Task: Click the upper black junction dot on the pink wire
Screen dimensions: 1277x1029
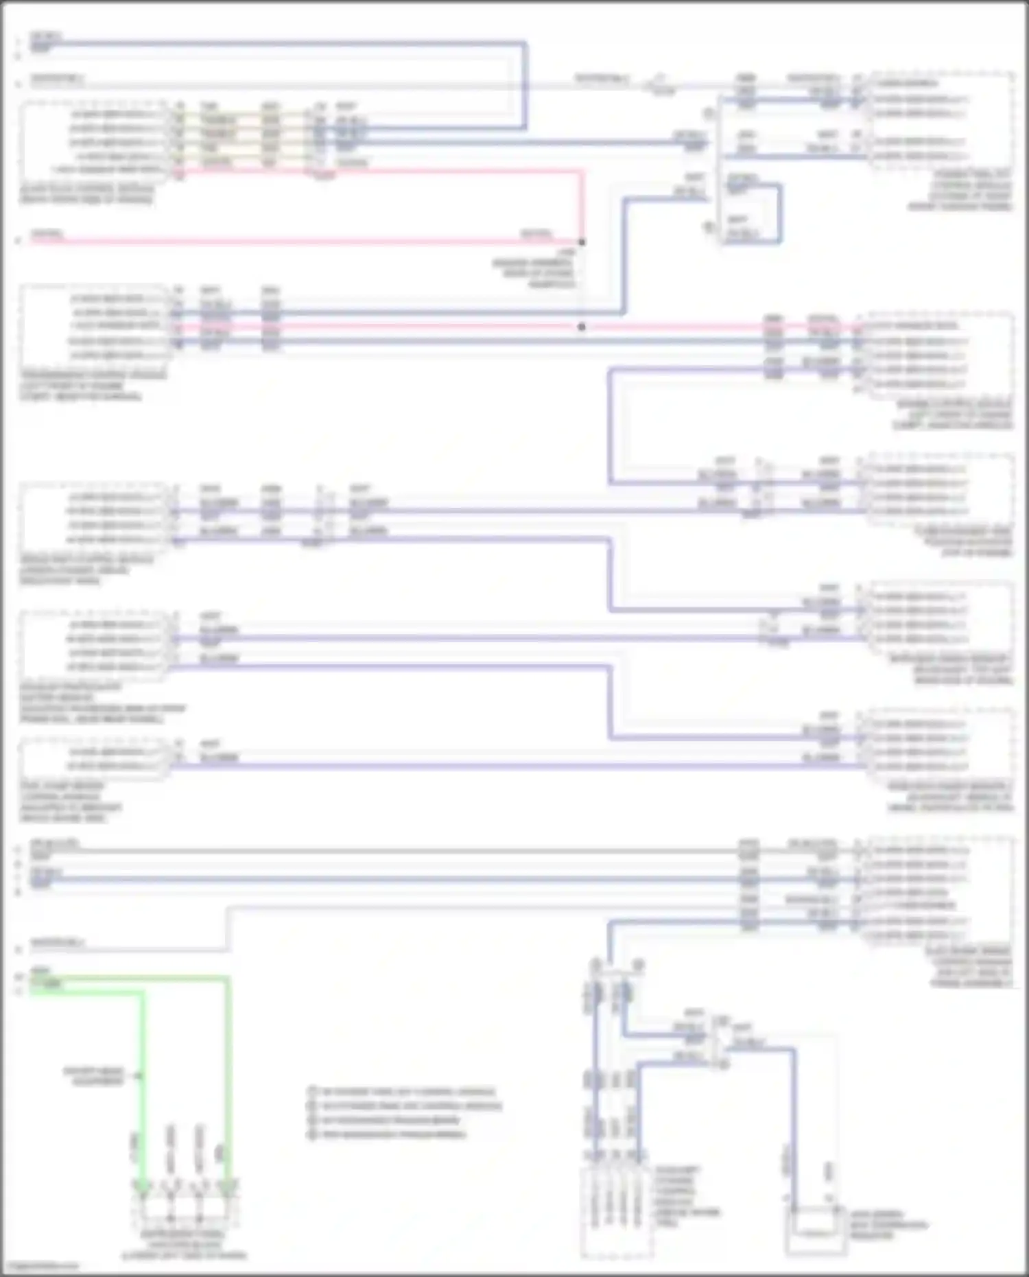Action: click(582, 242)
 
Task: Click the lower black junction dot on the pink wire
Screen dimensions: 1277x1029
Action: click(582, 327)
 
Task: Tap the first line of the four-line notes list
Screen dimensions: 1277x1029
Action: click(408, 1092)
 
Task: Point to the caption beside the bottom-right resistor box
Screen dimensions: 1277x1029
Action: click(888, 1225)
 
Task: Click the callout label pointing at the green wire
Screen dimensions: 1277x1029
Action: click(93, 1076)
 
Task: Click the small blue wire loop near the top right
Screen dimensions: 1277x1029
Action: click(755, 213)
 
